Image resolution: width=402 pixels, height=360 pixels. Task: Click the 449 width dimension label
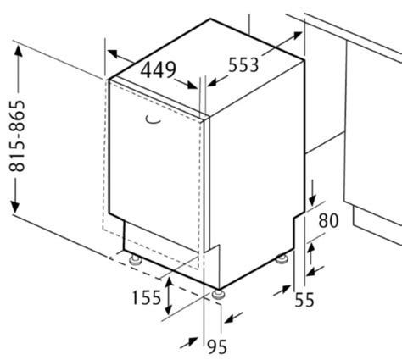pyautogui.click(x=159, y=69)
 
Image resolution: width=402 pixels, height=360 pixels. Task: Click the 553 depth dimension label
pyautogui.click(x=243, y=65)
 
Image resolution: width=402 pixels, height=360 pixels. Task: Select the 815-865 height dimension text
pyautogui.click(x=17, y=136)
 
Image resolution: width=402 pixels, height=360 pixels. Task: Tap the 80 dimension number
pyautogui.click(x=328, y=220)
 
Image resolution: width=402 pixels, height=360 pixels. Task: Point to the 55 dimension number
pyautogui.click(x=304, y=300)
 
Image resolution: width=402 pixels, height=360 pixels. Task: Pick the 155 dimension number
pyautogui.click(x=147, y=297)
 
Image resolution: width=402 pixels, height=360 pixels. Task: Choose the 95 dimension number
pyautogui.click(x=217, y=346)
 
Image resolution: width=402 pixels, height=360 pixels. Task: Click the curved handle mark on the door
pyautogui.click(x=154, y=120)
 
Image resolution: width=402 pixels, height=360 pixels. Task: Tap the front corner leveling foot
pyautogui.click(x=219, y=295)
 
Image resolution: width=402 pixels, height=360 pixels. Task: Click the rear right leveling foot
pyautogui.click(x=282, y=259)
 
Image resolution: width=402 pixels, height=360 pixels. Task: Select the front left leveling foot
pyautogui.click(x=136, y=260)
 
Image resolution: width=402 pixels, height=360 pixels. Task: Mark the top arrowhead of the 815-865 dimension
pyautogui.click(x=19, y=51)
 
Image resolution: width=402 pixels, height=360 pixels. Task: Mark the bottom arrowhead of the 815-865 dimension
pyautogui.click(x=15, y=208)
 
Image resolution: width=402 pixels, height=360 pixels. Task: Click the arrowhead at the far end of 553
pyautogui.click(x=297, y=36)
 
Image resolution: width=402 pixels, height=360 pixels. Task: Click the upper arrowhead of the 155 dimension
pyautogui.click(x=169, y=283)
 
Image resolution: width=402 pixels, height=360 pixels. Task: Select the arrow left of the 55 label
pyautogui.click(x=282, y=291)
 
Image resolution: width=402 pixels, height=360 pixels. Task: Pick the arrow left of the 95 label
pyautogui.click(x=189, y=342)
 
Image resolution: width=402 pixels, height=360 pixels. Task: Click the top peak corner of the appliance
pyautogui.click(x=210, y=19)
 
